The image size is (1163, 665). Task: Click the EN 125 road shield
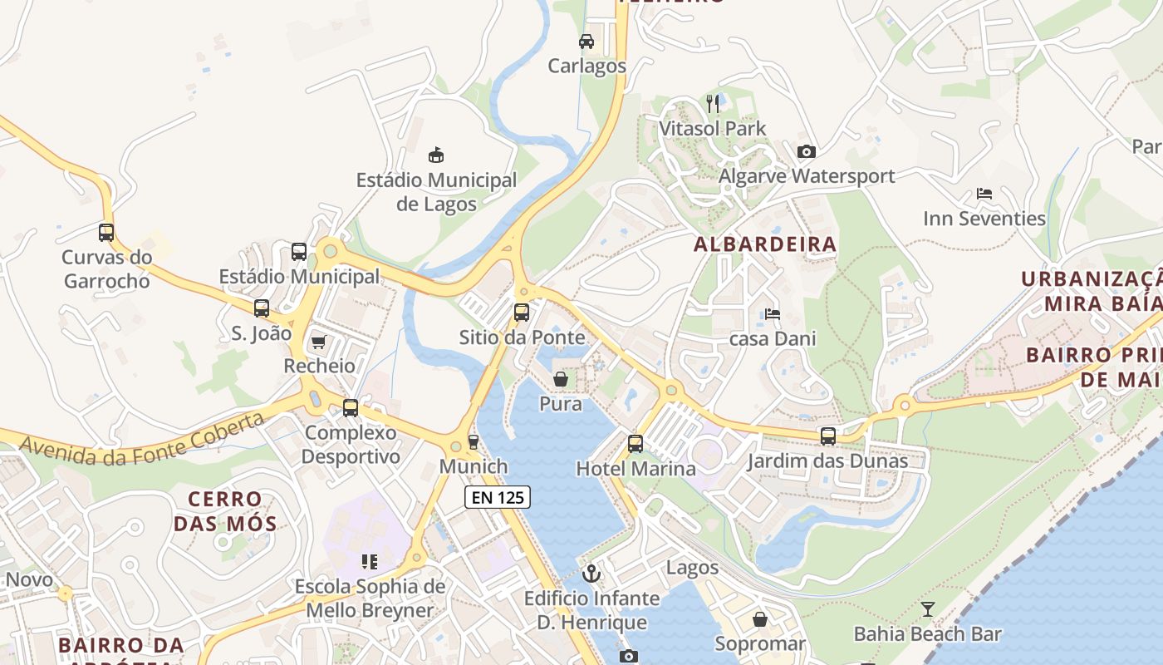tap(497, 497)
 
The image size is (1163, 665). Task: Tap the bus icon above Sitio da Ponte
tap(521, 313)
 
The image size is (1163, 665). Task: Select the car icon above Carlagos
tap(586, 41)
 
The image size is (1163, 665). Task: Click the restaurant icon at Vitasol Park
tap(713, 103)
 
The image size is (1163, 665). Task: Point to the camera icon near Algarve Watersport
tap(806, 151)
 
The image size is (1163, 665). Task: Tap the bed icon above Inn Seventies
tap(984, 194)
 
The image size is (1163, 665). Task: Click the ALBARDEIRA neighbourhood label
tap(764, 244)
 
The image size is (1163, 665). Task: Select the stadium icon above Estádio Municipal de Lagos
tap(436, 155)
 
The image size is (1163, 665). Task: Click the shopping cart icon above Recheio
tap(318, 342)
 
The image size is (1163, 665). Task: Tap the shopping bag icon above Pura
tap(561, 380)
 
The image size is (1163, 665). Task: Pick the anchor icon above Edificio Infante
tap(591, 574)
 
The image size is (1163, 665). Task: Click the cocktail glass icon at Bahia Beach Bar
tap(927, 609)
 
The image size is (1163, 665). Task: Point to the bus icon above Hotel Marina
tap(635, 444)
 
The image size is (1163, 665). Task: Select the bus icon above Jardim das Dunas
tap(827, 436)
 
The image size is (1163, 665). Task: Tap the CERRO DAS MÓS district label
tap(225, 511)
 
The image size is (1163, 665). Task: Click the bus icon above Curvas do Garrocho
tap(106, 233)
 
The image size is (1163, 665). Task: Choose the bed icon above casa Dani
tap(773, 314)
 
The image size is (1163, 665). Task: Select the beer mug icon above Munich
tap(474, 441)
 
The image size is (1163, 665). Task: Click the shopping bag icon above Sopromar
tap(759, 619)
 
